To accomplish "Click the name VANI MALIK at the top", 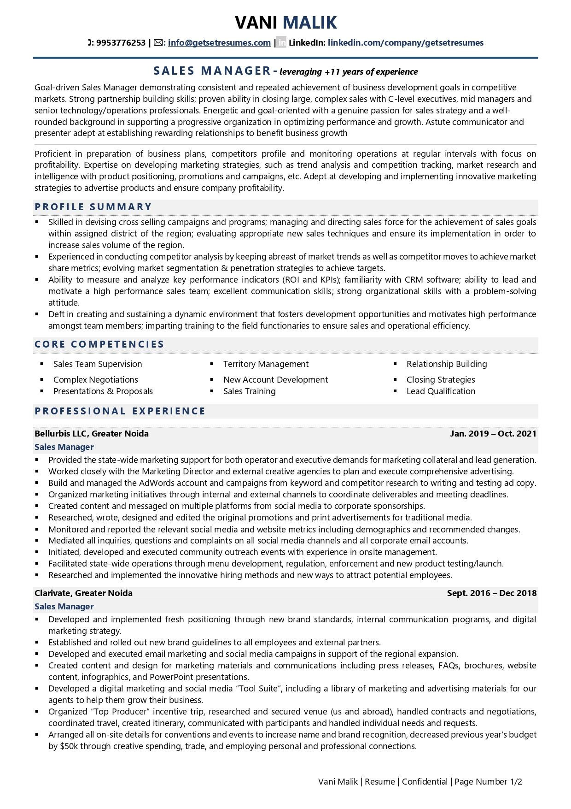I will tap(285, 22).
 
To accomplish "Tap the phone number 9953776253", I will tap(121, 43).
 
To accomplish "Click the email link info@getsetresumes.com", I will tap(219, 43).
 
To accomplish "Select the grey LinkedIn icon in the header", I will tap(281, 43).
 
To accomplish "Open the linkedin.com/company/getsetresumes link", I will tap(405, 43).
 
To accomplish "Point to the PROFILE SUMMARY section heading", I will tap(93, 207).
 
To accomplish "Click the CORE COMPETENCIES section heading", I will tap(99, 344).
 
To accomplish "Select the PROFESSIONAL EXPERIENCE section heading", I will tap(120, 411).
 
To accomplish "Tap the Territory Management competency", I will tap(266, 364).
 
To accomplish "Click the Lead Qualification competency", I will tap(441, 391).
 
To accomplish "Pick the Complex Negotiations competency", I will tap(96, 380).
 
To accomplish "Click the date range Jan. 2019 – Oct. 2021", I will tap(493, 434).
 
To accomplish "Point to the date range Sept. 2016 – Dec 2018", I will tap(491, 593).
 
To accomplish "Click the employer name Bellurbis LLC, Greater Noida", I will tap(92, 434).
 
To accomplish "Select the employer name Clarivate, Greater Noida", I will tap(83, 593).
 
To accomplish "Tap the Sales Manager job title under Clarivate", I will tap(64, 607).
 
